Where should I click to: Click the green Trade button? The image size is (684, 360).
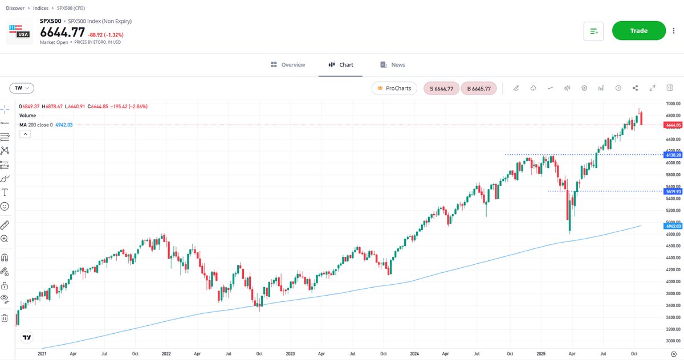(638, 31)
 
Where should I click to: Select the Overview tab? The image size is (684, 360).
(288, 65)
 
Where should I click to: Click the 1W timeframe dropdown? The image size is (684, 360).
(22, 88)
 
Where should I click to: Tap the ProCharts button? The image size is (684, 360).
(394, 88)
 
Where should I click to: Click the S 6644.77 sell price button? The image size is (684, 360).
(441, 88)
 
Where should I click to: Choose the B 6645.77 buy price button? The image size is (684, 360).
(479, 88)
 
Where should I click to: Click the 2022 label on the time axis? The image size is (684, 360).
(166, 353)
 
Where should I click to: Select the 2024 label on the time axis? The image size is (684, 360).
(414, 353)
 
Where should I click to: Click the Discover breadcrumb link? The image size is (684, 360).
(15, 7)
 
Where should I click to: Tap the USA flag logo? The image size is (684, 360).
(19, 32)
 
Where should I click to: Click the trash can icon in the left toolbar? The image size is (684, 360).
(5, 318)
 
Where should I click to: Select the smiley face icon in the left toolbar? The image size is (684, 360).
(5, 206)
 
